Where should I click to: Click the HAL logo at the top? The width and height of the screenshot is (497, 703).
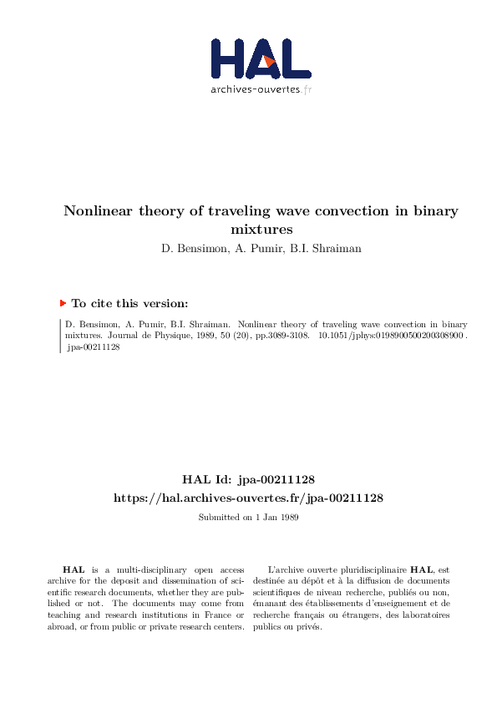(x=261, y=58)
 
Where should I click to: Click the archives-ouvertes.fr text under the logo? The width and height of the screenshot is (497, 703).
(x=261, y=89)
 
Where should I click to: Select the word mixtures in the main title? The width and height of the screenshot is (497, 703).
(x=261, y=228)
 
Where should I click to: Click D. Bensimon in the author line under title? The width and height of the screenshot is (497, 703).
(x=193, y=247)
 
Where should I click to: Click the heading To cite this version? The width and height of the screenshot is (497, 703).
(x=129, y=304)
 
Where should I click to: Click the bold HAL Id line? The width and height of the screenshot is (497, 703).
(x=248, y=479)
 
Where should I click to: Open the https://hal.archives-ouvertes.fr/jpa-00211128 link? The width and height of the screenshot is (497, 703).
(x=248, y=498)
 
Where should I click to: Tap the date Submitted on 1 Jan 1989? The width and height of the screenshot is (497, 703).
(x=248, y=517)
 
